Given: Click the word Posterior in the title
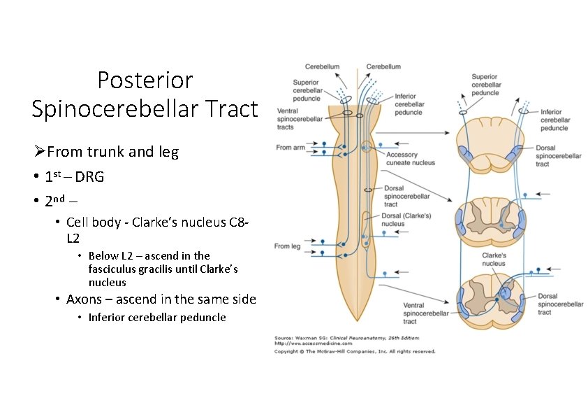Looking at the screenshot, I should tap(145, 80).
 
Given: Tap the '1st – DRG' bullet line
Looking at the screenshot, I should tap(74, 177).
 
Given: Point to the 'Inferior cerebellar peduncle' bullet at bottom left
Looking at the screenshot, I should tap(157, 318).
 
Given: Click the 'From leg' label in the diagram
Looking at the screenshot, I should tap(287, 246).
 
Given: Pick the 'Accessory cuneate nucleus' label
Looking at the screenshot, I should tap(410, 159).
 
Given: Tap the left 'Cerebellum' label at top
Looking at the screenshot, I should tap(322, 66).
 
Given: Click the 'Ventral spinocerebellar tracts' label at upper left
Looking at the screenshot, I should tap(296, 119).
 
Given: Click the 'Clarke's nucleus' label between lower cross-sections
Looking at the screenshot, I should tap(493, 260).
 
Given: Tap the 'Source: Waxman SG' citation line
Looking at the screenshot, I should tap(346, 338).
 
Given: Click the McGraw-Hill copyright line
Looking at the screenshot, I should tap(354, 351).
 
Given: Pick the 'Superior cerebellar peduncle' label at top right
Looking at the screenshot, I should tap(486, 85).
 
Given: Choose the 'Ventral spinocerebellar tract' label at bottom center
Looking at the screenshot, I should tap(425, 313).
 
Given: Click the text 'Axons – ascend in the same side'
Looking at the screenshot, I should tap(161, 299).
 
